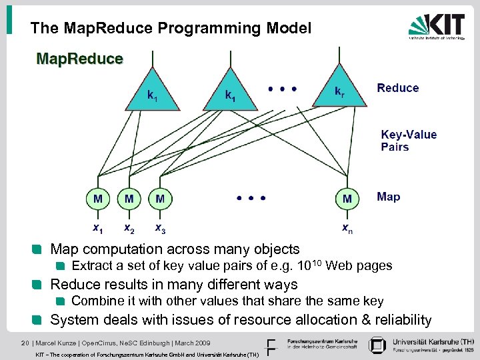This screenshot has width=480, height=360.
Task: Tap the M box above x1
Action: [x=97, y=198]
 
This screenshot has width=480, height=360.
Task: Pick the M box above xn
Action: [x=347, y=198]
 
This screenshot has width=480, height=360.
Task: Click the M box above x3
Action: [x=160, y=198]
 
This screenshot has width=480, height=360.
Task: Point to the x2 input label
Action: [x=129, y=228]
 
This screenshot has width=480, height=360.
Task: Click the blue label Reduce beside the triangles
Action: [x=398, y=88]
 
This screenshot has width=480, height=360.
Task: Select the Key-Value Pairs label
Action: [x=409, y=141]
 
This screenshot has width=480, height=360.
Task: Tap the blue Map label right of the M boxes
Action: [x=389, y=197]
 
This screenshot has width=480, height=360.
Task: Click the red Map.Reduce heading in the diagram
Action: [x=79, y=59]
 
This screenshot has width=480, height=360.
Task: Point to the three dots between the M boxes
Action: [x=251, y=198]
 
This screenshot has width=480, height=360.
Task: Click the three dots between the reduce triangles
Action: [x=282, y=88]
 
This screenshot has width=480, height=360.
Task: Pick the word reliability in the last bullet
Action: [x=399, y=320]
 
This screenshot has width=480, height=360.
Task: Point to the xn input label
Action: [x=347, y=228]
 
